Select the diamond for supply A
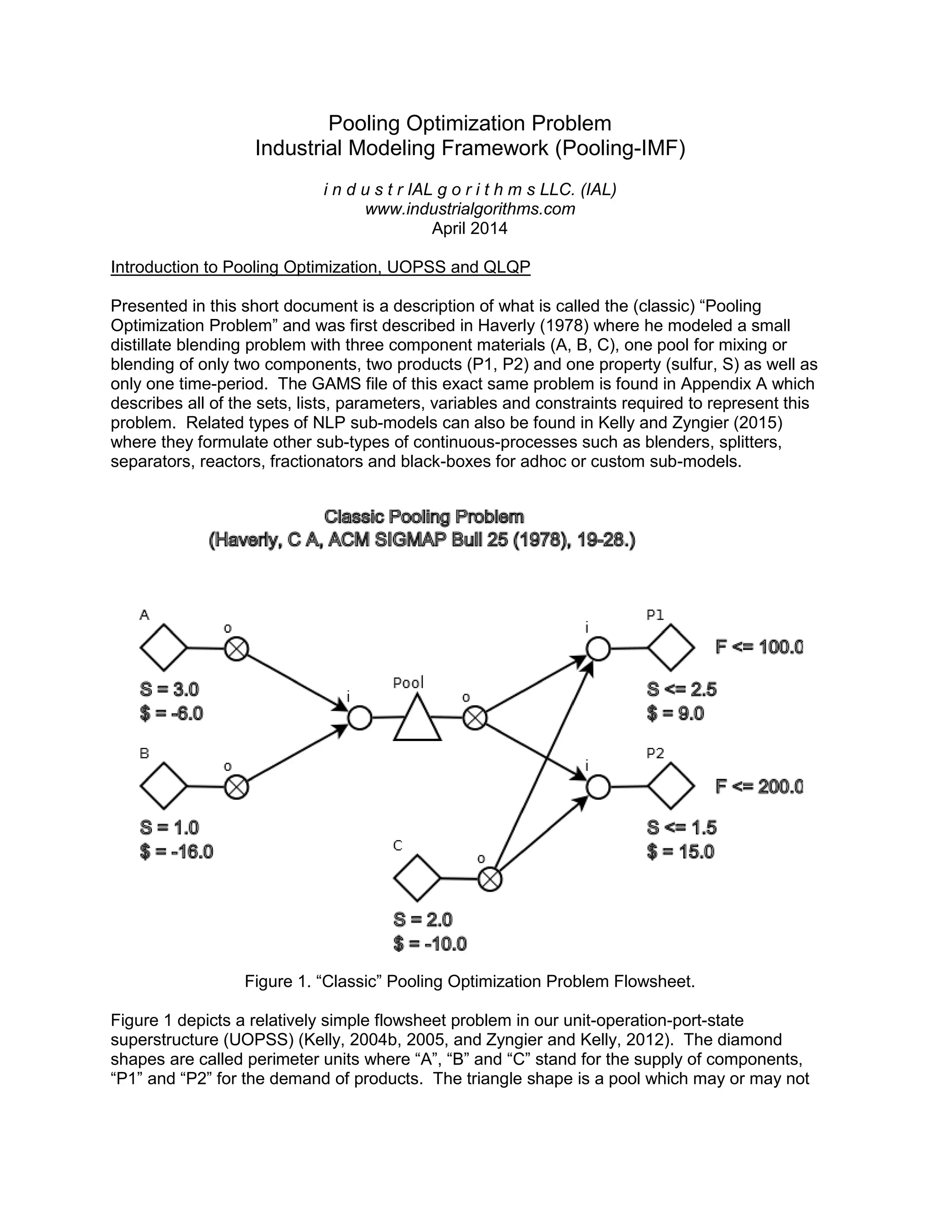point(163,647)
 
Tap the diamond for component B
point(163,786)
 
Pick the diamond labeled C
point(417,878)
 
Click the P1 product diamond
point(671,647)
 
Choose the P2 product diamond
point(671,786)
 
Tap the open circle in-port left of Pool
point(360,718)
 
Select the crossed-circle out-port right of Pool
point(475,718)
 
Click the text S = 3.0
point(169,689)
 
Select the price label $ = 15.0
point(681,851)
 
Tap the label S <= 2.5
point(682,689)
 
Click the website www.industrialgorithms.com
point(470,209)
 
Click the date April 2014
point(470,228)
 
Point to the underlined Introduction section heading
point(320,267)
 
